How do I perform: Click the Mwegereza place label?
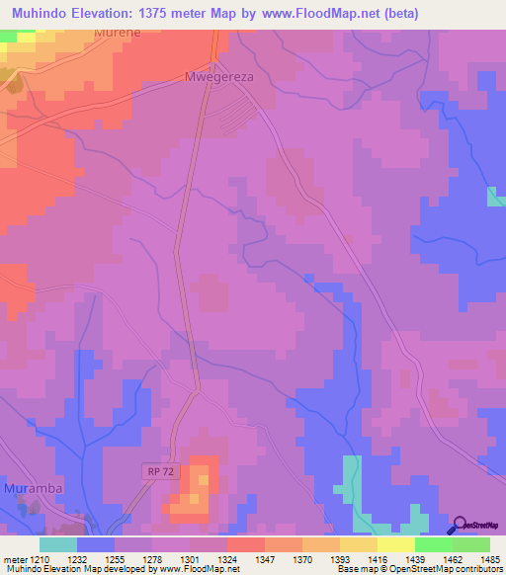tap(220, 76)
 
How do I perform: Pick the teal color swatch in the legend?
tap(57, 544)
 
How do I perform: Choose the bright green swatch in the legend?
tap(434, 544)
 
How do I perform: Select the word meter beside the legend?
tap(15, 560)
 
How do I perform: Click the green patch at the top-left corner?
tap(9, 36)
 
